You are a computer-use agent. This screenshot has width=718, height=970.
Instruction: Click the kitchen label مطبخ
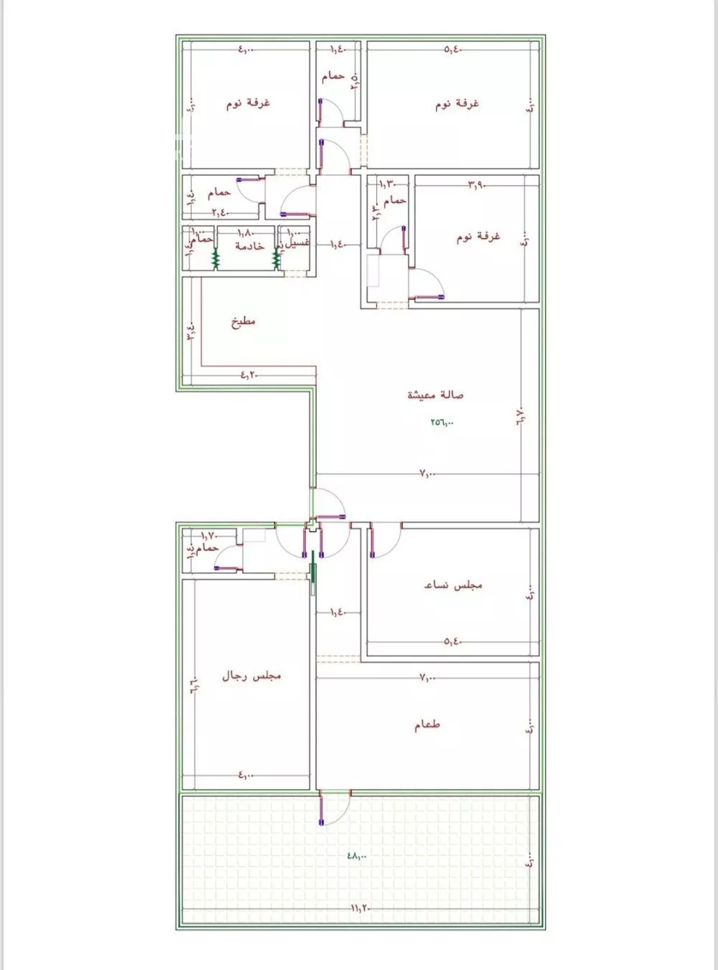click(x=243, y=321)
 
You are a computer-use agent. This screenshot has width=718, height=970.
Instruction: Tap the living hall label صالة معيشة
click(x=436, y=395)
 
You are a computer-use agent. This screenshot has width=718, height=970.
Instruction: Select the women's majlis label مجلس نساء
click(x=453, y=585)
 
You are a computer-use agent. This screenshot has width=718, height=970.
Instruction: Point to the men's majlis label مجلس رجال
click(x=251, y=675)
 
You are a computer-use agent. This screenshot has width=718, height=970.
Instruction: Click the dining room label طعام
click(x=427, y=725)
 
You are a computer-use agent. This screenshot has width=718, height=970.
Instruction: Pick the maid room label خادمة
click(x=249, y=245)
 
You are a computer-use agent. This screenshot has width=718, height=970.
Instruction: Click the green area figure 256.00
click(x=442, y=422)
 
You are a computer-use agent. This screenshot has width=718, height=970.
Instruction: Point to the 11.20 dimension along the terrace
click(x=360, y=908)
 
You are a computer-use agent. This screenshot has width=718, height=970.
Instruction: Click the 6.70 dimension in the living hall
click(x=521, y=417)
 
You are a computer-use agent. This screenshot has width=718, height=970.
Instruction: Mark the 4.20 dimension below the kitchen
click(x=248, y=374)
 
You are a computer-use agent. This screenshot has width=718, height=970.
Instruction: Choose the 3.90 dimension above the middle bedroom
click(x=477, y=184)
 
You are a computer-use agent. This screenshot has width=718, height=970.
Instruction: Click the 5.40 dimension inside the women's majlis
click(x=452, y=641)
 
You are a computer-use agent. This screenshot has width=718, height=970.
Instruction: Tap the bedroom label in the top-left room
click(x=248, y=103)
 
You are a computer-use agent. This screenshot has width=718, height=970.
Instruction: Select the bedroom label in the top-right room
click(x=457, y=103)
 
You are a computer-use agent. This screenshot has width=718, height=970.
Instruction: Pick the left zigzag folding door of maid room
click(x=215, y=258)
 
